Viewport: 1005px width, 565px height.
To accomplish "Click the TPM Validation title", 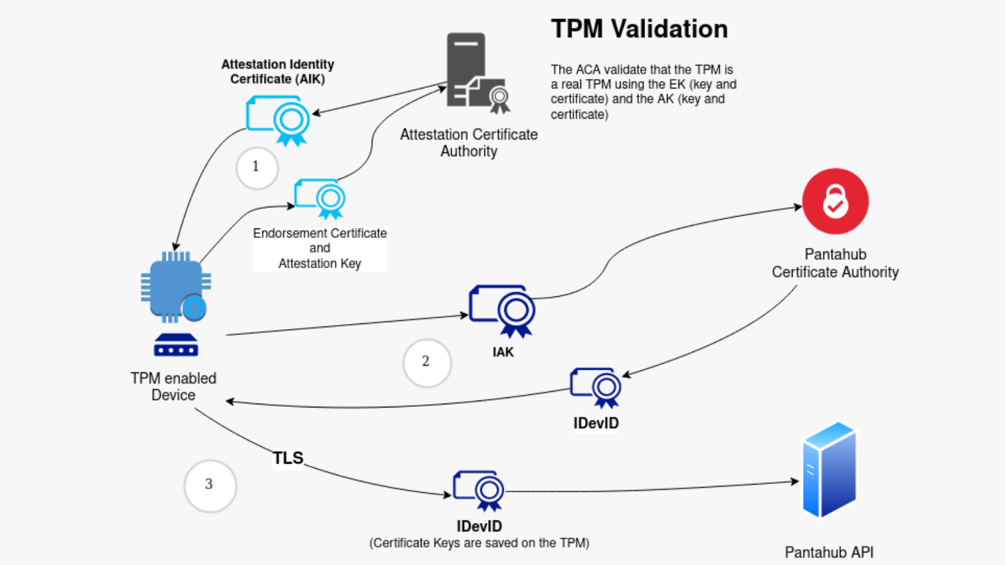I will (x=639, y=30).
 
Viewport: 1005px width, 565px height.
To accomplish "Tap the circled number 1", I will (x=257, y=168).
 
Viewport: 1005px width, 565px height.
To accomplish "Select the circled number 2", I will (x=426, y=362).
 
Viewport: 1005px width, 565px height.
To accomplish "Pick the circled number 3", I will (x=210, y=485).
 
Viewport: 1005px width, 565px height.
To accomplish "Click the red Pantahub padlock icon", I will (x=835, y=202).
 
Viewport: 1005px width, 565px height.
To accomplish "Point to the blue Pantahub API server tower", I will (x=829, y=470).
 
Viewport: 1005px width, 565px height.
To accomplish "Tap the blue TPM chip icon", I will (x=175, y=288).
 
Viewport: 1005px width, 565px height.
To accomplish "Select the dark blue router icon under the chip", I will (x=176, y=345).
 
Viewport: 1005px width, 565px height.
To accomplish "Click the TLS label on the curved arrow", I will (x=288, y=458).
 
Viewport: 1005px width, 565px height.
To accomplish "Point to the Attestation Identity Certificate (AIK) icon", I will (x=278, y=119).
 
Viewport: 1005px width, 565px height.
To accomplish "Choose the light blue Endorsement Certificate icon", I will (x=320, y=198).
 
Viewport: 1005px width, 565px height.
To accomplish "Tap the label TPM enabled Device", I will (x=173, y=386).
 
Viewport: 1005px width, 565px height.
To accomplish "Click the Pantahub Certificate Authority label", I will (x=835, y=263).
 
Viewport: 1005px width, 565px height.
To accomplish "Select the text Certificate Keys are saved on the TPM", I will (x=479, y=543).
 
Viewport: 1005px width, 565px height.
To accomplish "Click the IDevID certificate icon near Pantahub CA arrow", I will (x=596, y=387).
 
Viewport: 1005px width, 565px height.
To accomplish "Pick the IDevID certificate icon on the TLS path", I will (x=479, y=490).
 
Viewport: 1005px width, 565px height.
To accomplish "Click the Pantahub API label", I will (x=828, y=552).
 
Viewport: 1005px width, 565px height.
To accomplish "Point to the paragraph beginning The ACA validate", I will (x=643, y=92).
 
